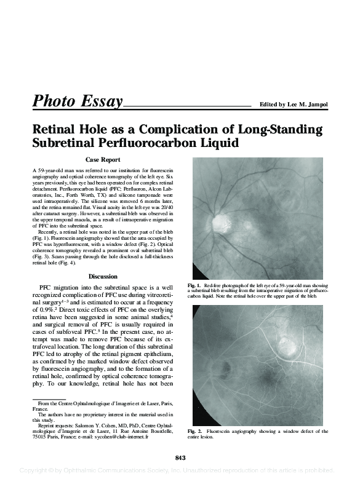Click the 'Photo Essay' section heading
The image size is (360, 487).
(78, 101)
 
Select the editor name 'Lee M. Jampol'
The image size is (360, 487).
(306, 105)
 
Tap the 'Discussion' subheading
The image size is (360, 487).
(103, 276)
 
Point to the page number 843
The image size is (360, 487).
(180, 456)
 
